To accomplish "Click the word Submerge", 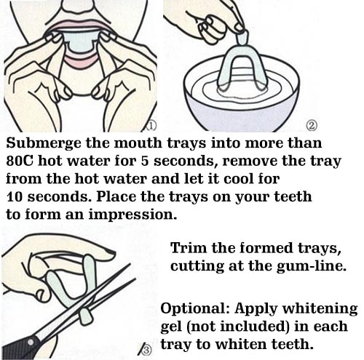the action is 43,143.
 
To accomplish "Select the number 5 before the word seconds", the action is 145,161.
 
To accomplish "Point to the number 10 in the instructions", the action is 15,197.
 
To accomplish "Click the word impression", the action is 132,215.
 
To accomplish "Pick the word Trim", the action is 189,248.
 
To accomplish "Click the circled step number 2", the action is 312,126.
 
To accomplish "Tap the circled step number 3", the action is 146,351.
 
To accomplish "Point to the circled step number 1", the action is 151,126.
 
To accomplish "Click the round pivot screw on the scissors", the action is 31,343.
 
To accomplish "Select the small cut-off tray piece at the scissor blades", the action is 86,316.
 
